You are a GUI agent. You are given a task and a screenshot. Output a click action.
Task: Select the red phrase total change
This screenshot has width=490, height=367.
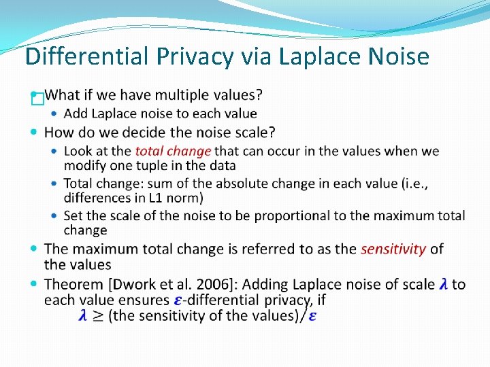(x=173, y=151)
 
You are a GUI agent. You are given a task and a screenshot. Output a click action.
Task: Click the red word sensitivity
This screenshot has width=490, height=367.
(x=393, y=249)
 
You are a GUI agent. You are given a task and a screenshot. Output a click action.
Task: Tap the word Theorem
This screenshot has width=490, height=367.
(x=75, y=284)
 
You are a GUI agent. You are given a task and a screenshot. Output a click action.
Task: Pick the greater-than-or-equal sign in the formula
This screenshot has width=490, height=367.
(x=98, y=316)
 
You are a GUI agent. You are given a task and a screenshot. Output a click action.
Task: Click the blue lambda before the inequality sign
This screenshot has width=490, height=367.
(x=83, y=315)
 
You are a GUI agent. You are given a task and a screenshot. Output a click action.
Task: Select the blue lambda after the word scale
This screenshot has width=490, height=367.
(x=444, y=284)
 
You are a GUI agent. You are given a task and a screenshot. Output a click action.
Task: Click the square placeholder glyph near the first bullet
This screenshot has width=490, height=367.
(x=37, y=99)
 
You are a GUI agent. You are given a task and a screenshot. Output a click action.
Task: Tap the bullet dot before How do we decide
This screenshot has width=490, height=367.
(x=35, y=131)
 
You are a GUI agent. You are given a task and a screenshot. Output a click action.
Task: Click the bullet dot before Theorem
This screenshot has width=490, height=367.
(x=35, y=283)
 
